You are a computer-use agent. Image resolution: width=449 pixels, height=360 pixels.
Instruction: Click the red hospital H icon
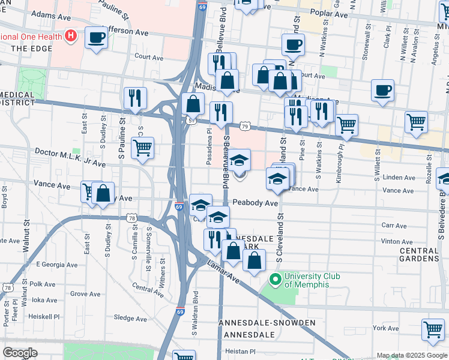(x=71, y=36)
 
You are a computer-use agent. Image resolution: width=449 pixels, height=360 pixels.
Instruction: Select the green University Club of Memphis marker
(x=276, y=279)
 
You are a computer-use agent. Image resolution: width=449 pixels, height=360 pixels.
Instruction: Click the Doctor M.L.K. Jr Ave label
(x=70, y=158)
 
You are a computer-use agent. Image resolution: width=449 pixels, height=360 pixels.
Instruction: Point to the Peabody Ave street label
(x=256, y=203)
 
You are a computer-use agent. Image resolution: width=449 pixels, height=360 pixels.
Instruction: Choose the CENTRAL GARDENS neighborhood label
(x=419, y=254)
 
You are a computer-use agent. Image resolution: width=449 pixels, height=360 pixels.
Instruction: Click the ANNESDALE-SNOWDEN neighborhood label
(x=267, y=323)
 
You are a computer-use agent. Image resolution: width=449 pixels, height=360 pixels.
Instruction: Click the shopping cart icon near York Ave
(x=433, y=329)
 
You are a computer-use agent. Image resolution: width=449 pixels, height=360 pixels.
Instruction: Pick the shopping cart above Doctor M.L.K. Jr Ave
(x=142, y=147)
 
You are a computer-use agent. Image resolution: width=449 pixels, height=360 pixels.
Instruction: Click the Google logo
(x=20, y=353)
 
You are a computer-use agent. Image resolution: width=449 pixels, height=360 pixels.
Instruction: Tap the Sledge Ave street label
(x=130, y=318)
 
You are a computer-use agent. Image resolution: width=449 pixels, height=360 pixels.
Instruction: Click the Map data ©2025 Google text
(x=411, y=355)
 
